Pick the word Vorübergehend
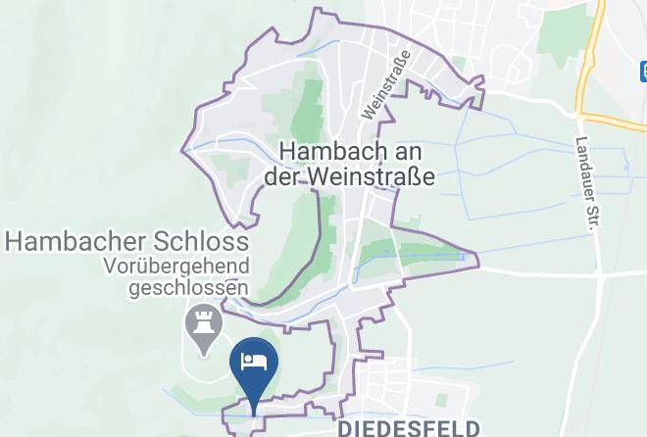[x=178, y=267]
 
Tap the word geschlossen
[x=188, y=288]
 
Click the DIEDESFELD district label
[x=409, y=428]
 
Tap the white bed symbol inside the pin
[x=255, y=360]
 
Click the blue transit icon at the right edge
[x=642, y=71]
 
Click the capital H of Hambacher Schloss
[x=16, y=241]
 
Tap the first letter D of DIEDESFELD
[x=344, y=428]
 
